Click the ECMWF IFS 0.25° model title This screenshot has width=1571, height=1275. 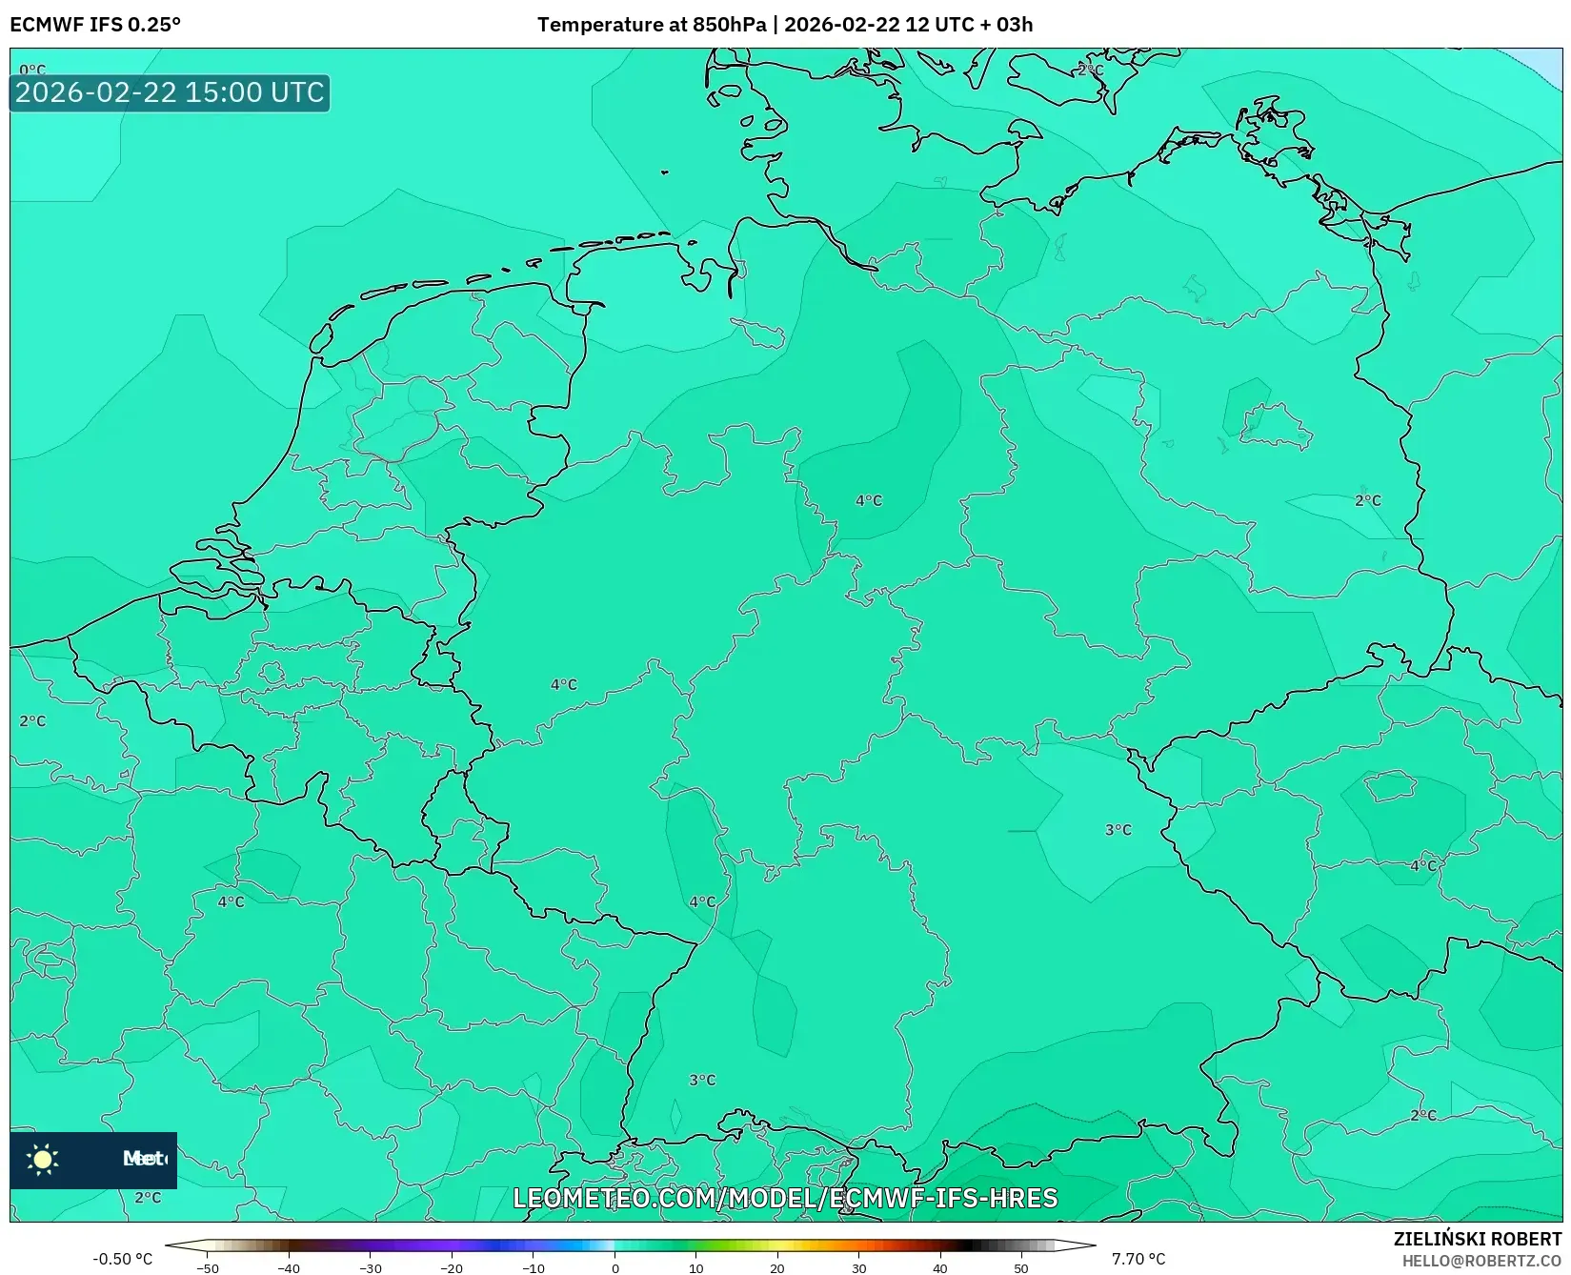coord(95,25)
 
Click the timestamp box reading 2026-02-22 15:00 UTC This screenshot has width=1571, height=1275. coord(170,92)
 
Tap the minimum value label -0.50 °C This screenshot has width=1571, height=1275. coord(122,1259)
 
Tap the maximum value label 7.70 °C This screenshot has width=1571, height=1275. coord(1138,1259)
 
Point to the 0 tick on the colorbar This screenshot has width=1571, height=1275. coord(614,1268)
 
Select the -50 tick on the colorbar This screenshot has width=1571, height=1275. coord(208,1268)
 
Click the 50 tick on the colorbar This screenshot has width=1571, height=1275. coord(1021,1268)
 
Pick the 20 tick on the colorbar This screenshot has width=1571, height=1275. coord(777,1268)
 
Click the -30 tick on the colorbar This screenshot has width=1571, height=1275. coord(371,1268)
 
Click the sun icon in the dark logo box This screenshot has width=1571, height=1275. coord(43,1159)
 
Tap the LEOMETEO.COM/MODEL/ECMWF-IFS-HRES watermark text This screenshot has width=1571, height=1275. coord(785,1198)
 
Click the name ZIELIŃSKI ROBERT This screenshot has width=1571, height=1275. coord(1478,1239)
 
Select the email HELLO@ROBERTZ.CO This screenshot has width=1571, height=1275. coord(1481,1261)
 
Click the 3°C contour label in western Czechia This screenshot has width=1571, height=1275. coord(1118,830)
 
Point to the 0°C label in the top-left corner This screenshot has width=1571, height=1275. coord(32,70)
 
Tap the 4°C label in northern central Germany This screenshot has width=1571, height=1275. coord(869,500)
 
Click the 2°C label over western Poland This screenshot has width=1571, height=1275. coord(1367,500)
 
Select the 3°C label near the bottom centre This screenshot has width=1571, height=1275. coord(702,1080)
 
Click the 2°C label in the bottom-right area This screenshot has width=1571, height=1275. coord(1422,1115)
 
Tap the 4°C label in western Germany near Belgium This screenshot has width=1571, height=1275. coord(564,684)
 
